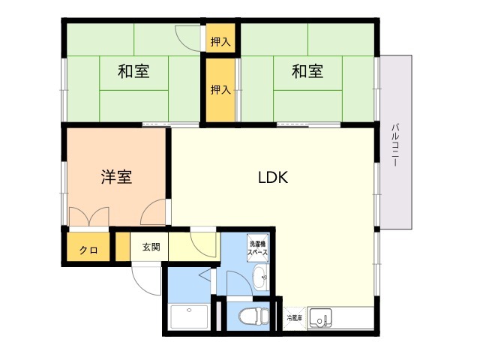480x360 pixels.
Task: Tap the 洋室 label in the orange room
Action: click(117, 178)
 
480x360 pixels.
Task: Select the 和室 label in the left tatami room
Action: click(133, 72)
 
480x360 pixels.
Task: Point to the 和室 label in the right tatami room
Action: click(307, 72)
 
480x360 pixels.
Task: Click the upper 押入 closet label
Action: click(220, 42)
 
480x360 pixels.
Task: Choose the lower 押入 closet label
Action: click(220, 90)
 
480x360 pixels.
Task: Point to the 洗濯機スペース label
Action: click(258, 247)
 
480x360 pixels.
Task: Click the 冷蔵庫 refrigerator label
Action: click(295, 319)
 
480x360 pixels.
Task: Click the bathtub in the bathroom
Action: click(188, 317)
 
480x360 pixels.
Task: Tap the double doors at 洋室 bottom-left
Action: click(89, 216)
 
